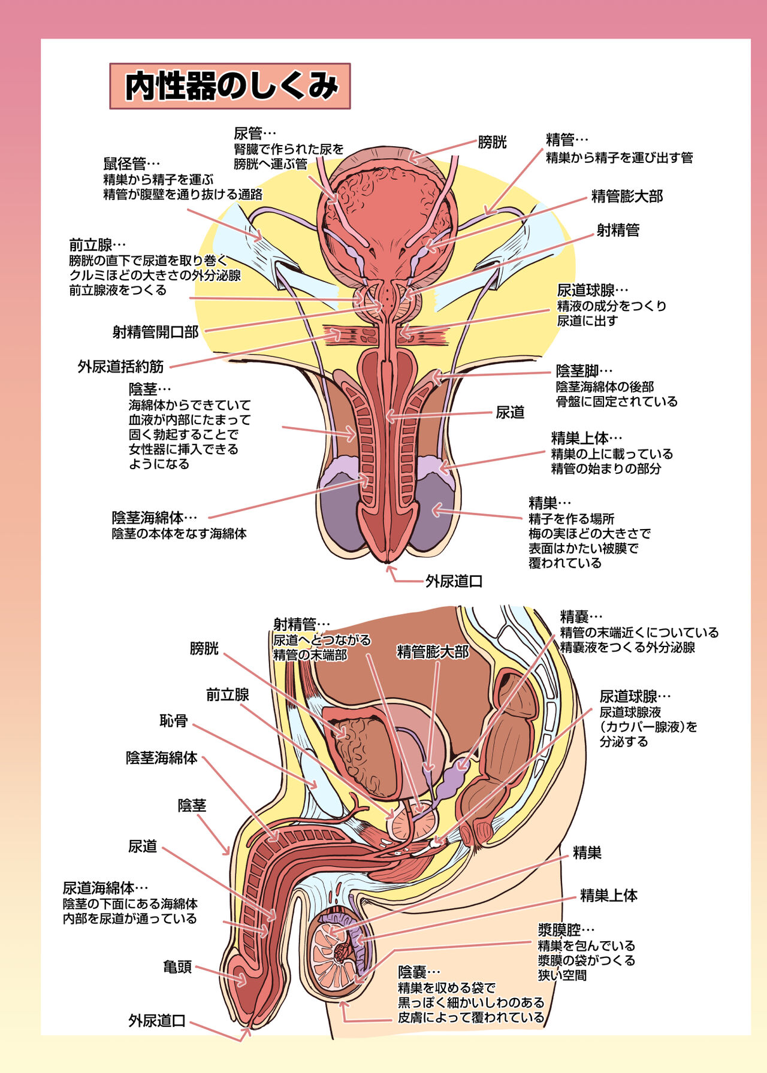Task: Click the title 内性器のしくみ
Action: pyautogui.click(x=230, y=86)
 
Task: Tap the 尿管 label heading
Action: pyautogui.click(x=248, y=134)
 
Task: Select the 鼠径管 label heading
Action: pyautogui.click(x=125, y=164)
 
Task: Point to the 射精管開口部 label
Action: pyautogui.click(x=155, y=332)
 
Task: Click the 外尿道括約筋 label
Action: pyautogui.click(x=120, y=366)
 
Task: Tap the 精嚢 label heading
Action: pyautogui.click(x=574, y=616)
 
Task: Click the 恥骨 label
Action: pyautogui.click(x=174, y=720)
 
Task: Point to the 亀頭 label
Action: pyautogui.click(x=177, y=966)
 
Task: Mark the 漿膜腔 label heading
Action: pyautogui.click(x=559, y=930)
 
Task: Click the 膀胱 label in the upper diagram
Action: pyautogui.click(x=492, y=142)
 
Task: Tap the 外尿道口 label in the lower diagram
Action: pyautogui.click(x=157, y=1020)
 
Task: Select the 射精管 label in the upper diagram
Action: pyautogui.click(x=618, y=230)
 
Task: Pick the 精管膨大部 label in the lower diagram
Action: pyautogui.click(x=433, y=652)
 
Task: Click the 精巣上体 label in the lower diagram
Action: pyautogui.click(x=608, y=896)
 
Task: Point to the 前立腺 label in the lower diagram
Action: pyautogui.click(x=228, y=694)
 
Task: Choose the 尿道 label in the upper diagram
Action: pyautogui.click(x=510, y=412)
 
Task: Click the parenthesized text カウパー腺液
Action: pyautogui.click(x=648, y=727)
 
